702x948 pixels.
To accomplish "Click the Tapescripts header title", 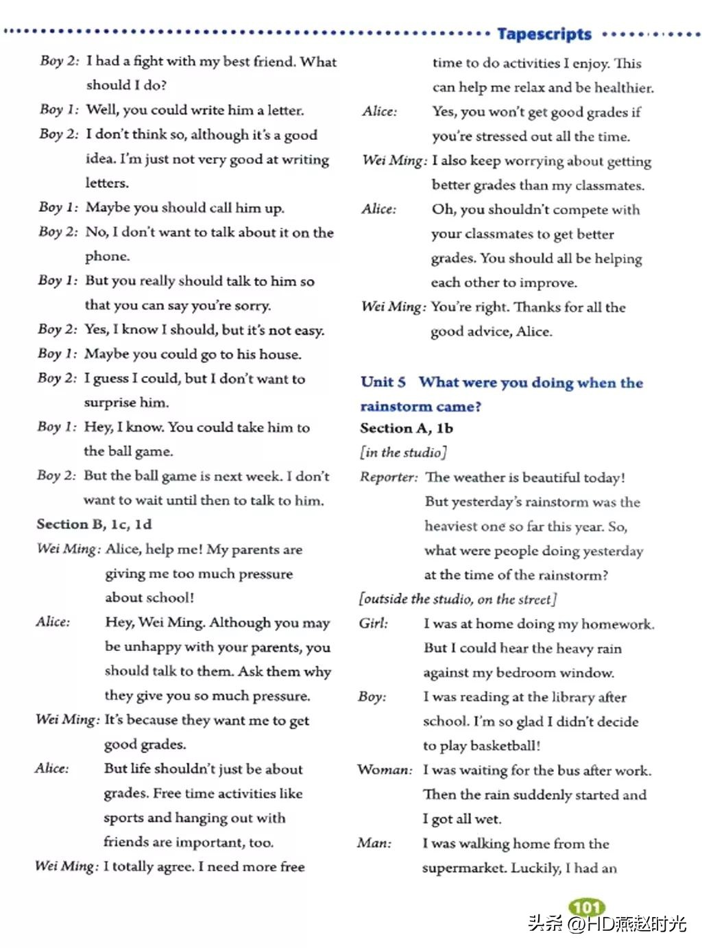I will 544,34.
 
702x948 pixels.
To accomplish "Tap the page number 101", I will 587,908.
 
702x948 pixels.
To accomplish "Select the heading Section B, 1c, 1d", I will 94,524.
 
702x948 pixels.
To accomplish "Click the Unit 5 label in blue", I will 383,382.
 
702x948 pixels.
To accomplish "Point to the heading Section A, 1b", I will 407,428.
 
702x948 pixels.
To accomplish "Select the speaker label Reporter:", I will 388,477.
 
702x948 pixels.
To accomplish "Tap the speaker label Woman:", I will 385,770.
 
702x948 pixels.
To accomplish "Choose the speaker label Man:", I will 374,843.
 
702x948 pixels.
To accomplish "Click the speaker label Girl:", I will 373,623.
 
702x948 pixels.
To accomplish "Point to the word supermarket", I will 463,868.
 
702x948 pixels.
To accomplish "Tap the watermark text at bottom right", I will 607,923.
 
